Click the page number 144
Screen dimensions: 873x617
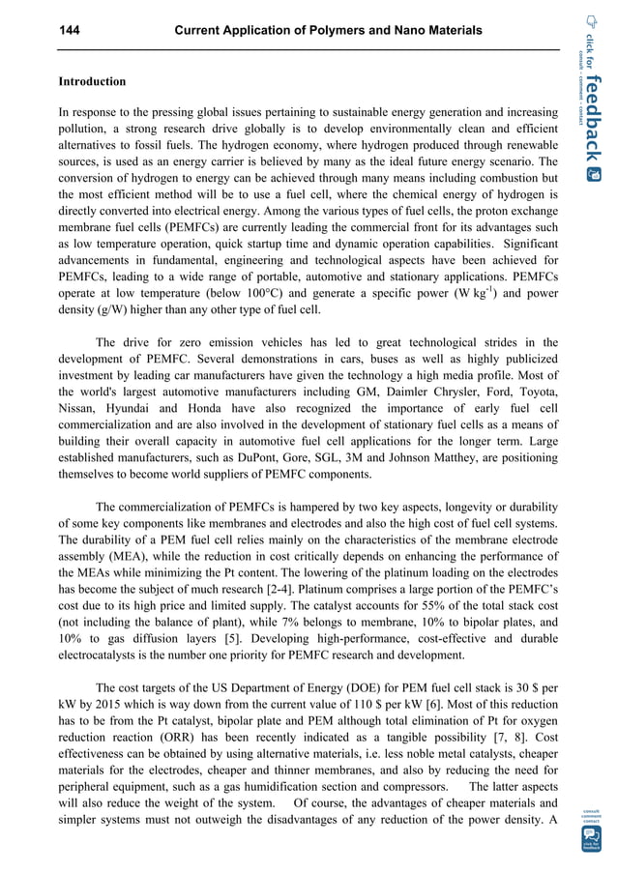(69, 32)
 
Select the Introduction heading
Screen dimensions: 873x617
(92, 82)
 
